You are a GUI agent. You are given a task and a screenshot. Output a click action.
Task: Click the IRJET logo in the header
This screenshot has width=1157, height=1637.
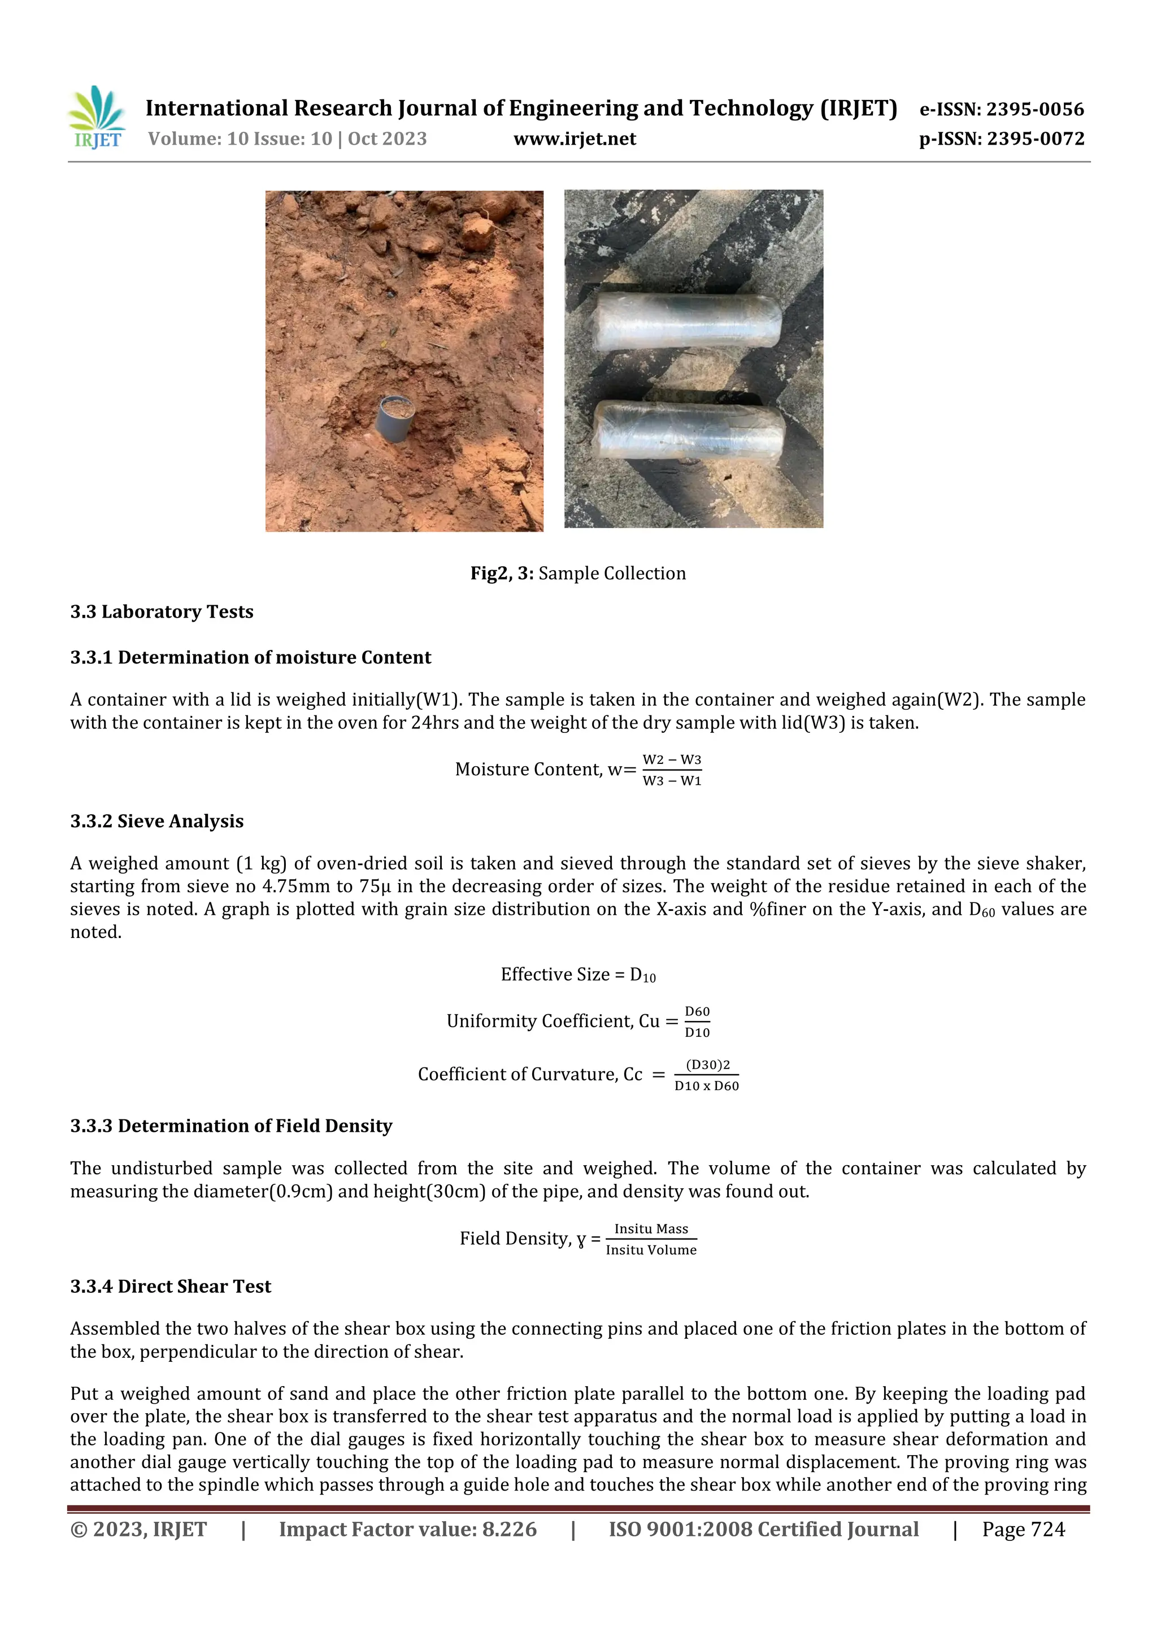(x=97, y=118)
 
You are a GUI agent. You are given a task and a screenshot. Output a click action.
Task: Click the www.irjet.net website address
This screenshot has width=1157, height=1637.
(x=575, y=139)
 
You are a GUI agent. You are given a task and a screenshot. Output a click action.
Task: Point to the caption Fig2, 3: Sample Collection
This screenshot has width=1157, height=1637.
(x=577, y=573)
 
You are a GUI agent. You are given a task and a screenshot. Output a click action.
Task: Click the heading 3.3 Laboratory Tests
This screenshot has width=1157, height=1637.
(x=162, y=612)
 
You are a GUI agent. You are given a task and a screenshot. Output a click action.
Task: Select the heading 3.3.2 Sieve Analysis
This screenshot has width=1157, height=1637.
(x=157, y=822)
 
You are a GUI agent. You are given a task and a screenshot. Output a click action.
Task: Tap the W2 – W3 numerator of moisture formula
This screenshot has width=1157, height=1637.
(x=672, y=760)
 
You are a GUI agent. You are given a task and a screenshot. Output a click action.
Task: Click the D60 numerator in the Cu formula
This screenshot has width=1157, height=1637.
(x=697, y=1011)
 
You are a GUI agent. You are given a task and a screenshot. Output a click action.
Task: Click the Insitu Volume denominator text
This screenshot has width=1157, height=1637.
(x=651, y=1250)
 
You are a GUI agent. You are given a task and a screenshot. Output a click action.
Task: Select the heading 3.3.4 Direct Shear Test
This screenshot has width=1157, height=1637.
(x=171, y=1286)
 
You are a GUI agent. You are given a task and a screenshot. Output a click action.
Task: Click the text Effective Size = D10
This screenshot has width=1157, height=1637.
(x=577, y=975)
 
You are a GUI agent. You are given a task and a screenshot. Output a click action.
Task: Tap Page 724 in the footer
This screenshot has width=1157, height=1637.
(x=1023, y=1529)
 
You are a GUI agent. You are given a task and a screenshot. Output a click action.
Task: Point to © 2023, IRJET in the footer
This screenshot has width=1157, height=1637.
(x=138, y=1529)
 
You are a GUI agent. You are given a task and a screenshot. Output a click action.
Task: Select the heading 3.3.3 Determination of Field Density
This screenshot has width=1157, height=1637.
(x=231, y=1126)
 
